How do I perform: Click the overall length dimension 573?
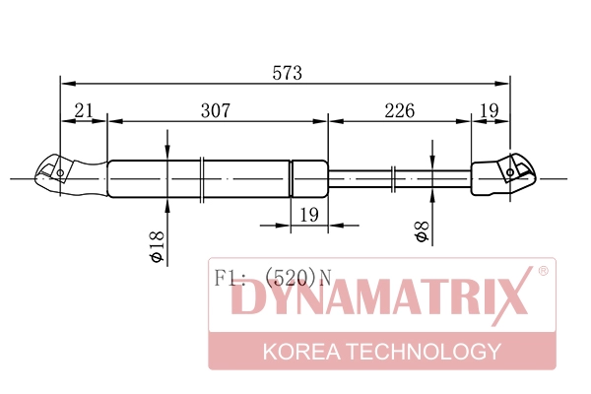(x=287, y=74)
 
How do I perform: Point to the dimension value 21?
(x=83, y=110)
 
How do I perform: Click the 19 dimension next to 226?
(x=490, y=110)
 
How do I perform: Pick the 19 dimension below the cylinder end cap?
(x=308, y=215)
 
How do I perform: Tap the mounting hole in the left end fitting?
(x=59, y=175)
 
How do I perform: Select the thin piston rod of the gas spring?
(x=399, y=178)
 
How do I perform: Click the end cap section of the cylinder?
(x=308, y=178)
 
